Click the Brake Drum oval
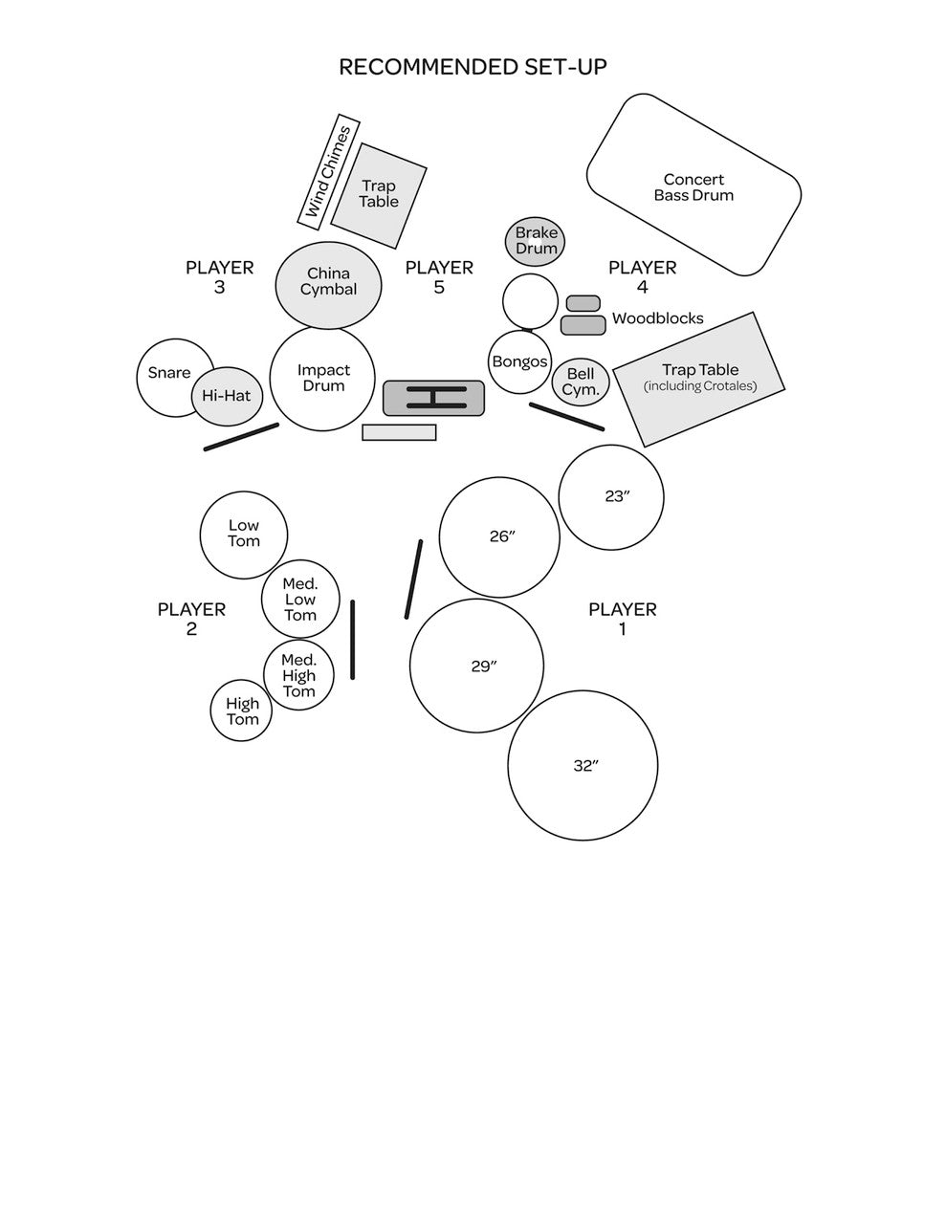coord(536,241)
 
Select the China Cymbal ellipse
coord(328,283)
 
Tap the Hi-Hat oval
coord(228,396)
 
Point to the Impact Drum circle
coord(322,379)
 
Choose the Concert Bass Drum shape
coord(693,186)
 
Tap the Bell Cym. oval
coord(581,382)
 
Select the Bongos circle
coord(520,362)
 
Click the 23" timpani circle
coord(611,497)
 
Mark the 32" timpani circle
coord(583,766)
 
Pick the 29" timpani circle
coord(476,667)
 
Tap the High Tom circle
coord(241,710)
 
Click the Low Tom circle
coord(244,535)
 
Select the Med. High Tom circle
coord(299,676)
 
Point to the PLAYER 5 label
coord(439,277)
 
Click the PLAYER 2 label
coord(191,619)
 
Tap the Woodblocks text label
coord(657,318)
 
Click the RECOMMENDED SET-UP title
coord(473,67)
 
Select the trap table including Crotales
coord(699,379)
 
